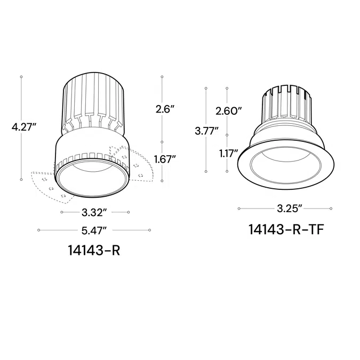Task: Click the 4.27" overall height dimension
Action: click(x=25, y=127)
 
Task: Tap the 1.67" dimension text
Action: click(x=165, y=158)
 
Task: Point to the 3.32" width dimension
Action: click(x=94, y=212)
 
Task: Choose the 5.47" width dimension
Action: click(x=94, y=230)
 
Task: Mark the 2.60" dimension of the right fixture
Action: click(x=229, y=111)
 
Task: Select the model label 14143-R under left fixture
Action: click(x=94, y=250)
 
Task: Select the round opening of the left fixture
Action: click(x=93, y=179)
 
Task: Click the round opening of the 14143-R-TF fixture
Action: click(x=286, y=166)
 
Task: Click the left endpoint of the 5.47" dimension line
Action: click(x=38, y=230)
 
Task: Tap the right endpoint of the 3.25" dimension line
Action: click(x=331, y=208)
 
